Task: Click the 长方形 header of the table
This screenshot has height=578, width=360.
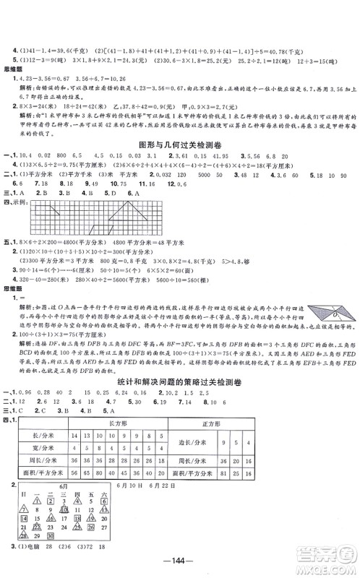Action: (x=116, y=421)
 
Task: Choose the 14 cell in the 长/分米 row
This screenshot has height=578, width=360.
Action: (x=74, y=435)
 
